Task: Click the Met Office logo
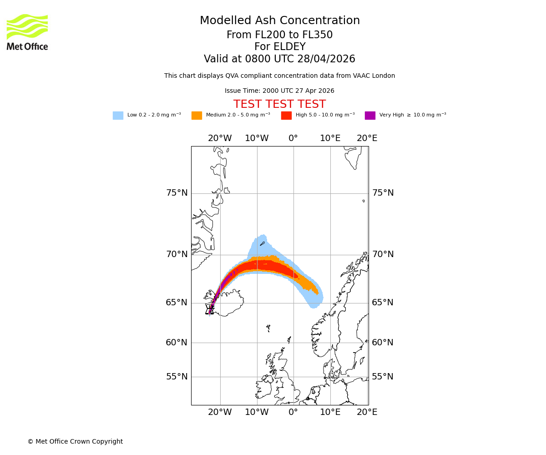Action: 27,32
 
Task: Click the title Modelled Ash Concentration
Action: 280,20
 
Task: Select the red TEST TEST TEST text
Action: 279,104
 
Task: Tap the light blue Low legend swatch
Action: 118,116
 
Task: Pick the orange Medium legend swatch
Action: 197,116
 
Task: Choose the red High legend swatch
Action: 286,116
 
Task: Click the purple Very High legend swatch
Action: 370,116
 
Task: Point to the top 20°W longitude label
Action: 220,138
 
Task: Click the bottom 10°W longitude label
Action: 257,412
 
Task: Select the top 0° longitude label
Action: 293,138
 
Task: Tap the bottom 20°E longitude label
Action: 367,412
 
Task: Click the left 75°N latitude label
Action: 177,193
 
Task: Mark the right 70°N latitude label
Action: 383,254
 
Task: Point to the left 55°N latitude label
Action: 177,377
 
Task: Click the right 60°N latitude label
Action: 383,343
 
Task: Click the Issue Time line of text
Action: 279,91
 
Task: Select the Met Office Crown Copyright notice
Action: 75,441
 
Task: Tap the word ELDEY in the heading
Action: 291,47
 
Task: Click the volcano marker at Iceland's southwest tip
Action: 210,309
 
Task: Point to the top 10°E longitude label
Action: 330,138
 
